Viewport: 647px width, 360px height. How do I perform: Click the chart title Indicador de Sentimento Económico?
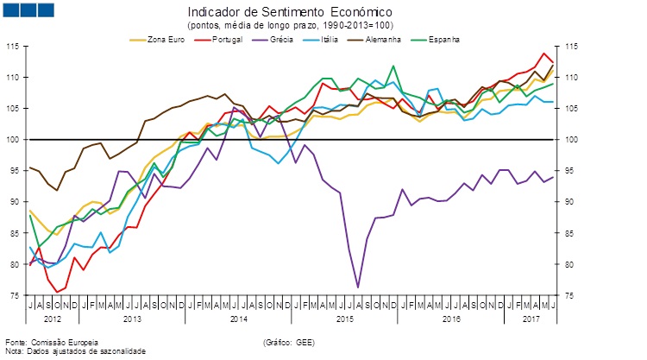tap(289, 13)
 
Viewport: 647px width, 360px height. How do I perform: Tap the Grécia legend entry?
tap(275, 40)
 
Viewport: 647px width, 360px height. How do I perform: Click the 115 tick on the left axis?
tap(13, 47)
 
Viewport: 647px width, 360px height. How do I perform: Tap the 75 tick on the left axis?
tap(15, 295)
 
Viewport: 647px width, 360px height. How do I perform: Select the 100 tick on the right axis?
tap(573, 140)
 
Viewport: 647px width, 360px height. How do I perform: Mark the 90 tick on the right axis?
tap(571, 202)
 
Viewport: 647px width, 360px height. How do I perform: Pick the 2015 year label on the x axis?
tap(345, 319)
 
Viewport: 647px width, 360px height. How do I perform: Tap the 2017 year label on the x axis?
tap(532, 319)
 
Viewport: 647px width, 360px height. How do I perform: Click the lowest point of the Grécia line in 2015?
tap(357, 287)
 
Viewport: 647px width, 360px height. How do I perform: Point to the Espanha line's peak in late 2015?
tap(393, 66)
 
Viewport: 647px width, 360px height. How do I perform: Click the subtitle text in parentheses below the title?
tap(289, 26)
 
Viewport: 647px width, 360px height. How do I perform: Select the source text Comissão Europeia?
tap(52, 343)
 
